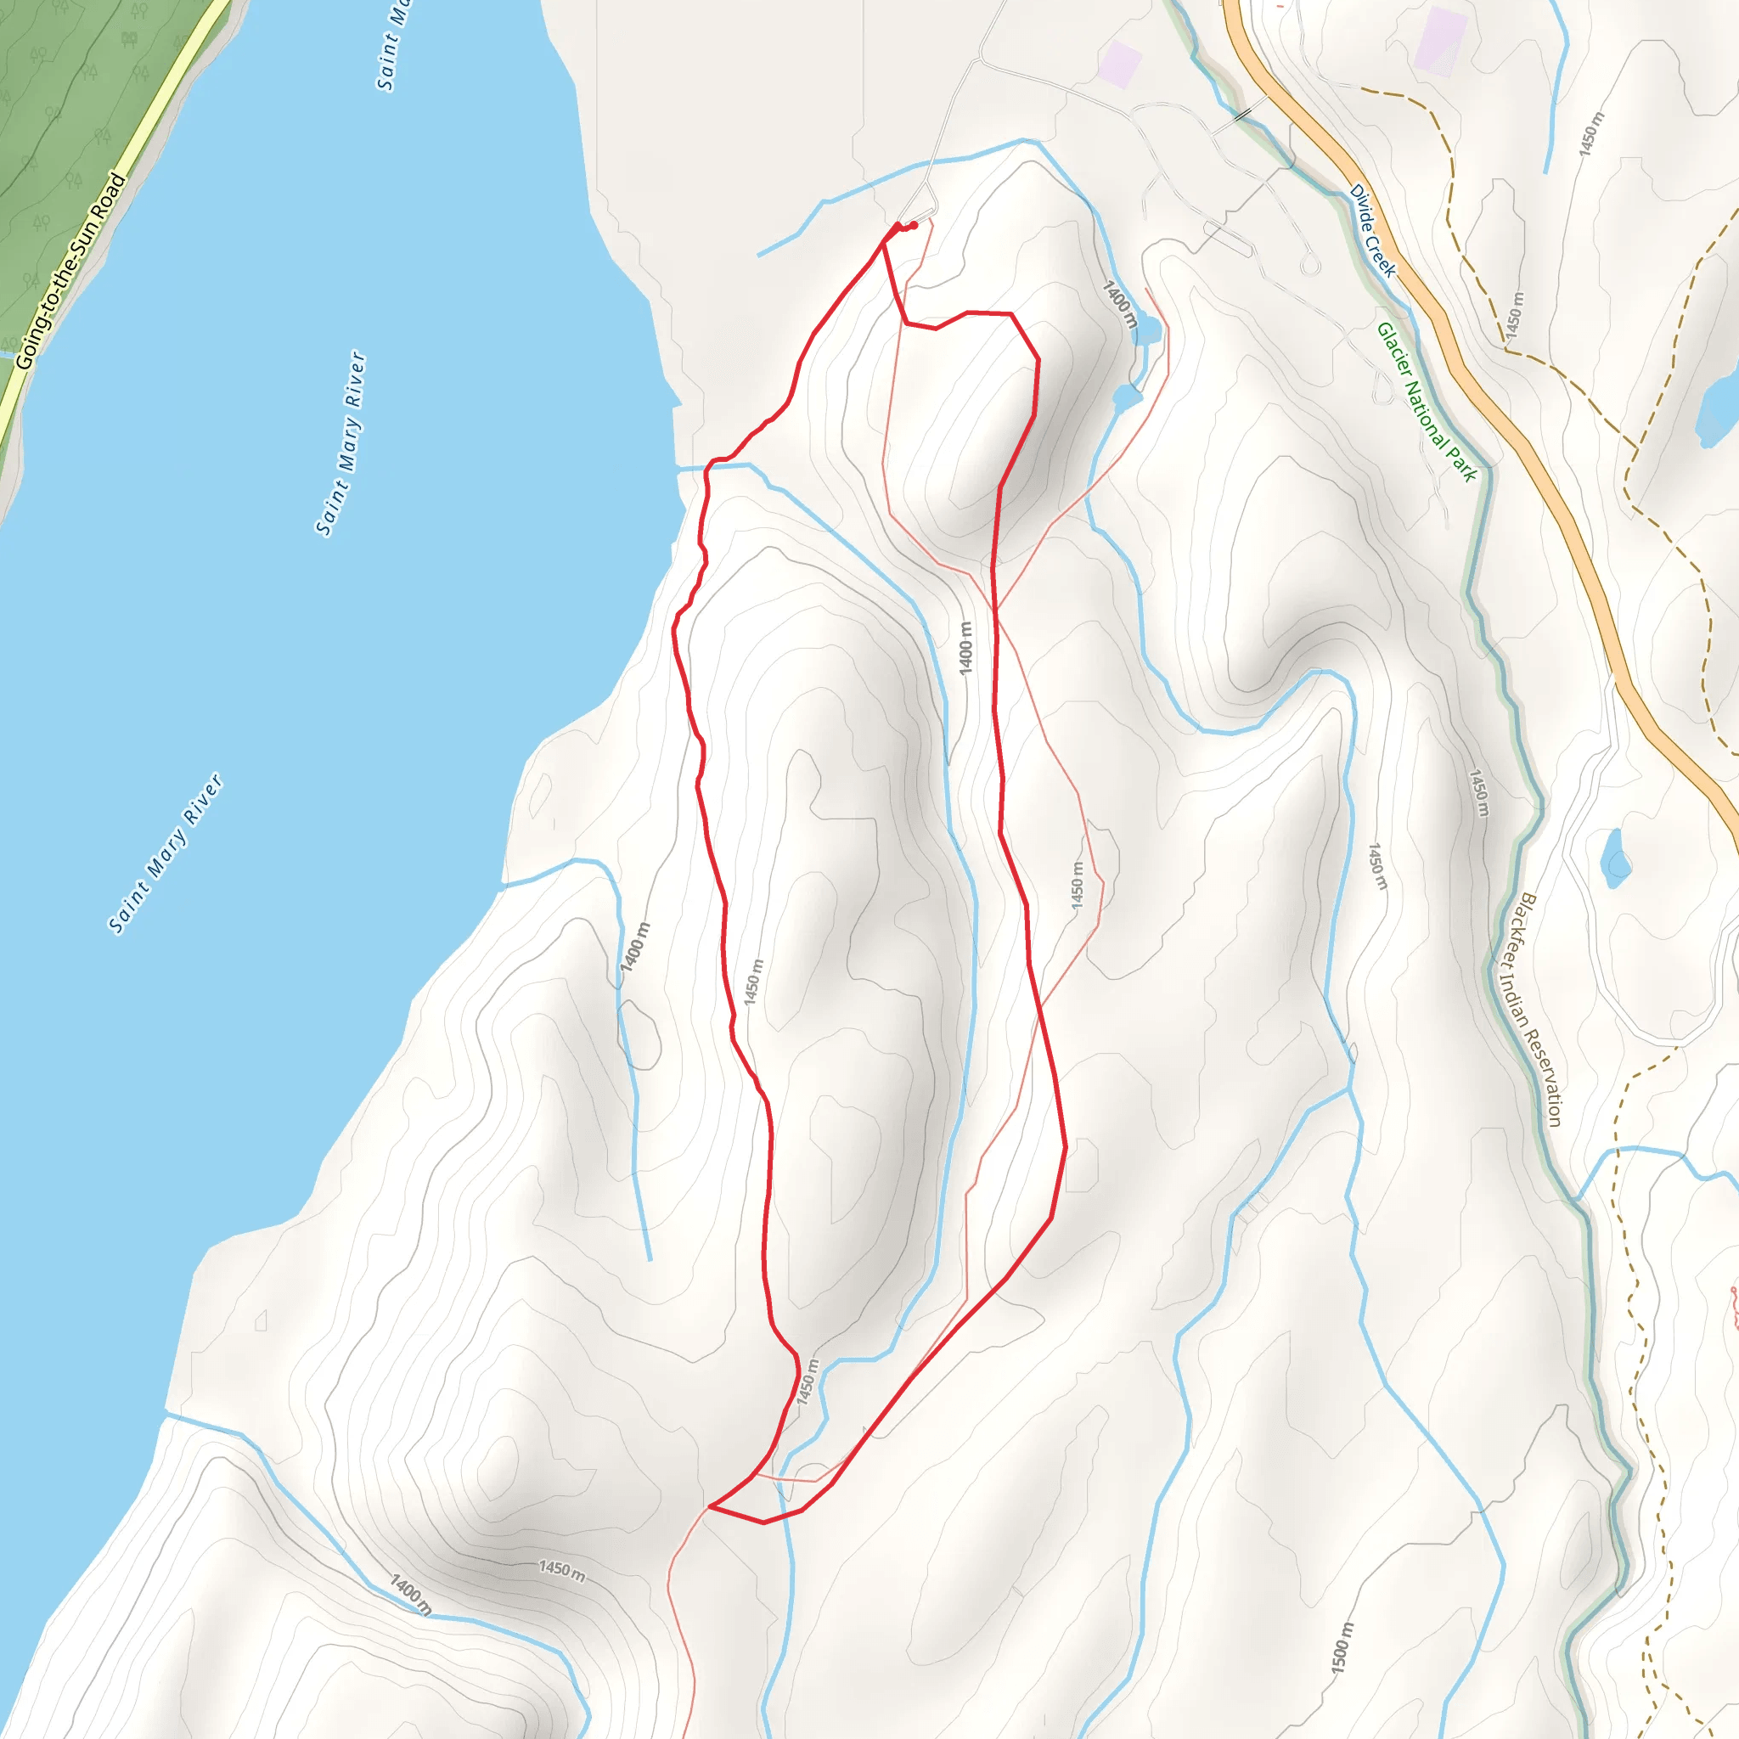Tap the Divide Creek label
coord(1372,231)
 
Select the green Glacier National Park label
coord(1426,402)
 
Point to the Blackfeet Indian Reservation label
coord(1540,1009)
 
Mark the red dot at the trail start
coord(914,225)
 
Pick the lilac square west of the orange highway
coord(1120,64)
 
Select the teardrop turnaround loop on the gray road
coord(1309,265)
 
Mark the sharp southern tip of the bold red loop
coord(711,1505)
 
